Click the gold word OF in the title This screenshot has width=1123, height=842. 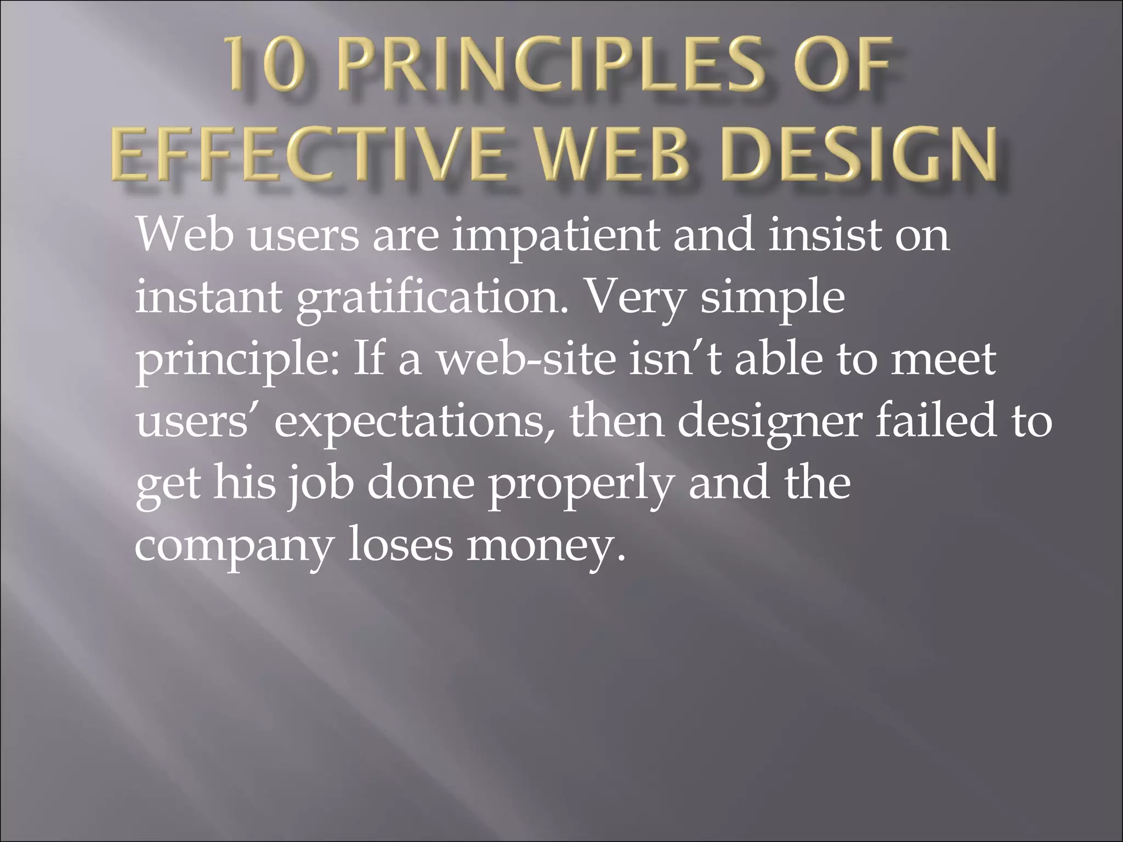839,71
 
